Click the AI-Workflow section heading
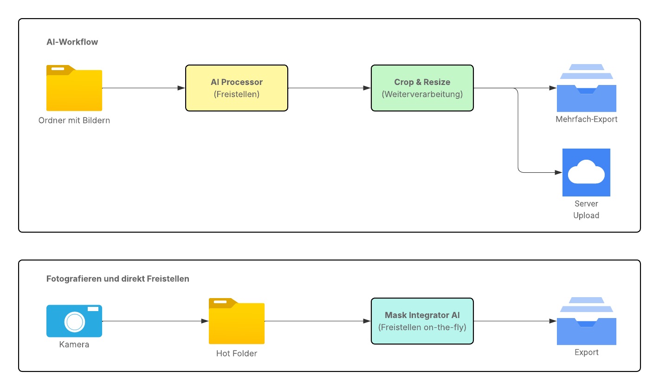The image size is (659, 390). click(x=72, y=42)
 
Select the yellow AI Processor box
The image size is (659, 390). click(x=237, y=88)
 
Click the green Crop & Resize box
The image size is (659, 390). click(x=422, y=88)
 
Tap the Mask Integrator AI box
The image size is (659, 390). click(x=422, y=321)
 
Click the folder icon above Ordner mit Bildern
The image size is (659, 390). click(x=74, y=88)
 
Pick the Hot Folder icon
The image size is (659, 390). click(x=237, y=321)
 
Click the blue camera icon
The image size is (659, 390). click(x=74, y=321)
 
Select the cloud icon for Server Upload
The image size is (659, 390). click(x=586, y=173)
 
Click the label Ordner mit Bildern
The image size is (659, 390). click(x=74, y=121)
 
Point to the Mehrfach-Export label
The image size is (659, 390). click(x=586, y=119)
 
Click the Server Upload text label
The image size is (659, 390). click(x=586, y=209)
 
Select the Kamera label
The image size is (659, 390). click(x=74, y=344)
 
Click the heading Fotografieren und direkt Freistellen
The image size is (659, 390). click(x=118, y=279)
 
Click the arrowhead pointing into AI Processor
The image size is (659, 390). click(x=181, y=88)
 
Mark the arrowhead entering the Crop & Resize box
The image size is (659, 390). click(x=367, y=88)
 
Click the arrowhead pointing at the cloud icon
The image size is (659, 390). click(x=558, y=173)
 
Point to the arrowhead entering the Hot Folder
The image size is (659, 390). click(x=205, y=321)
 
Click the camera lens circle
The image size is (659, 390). click(x=75, y=321)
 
